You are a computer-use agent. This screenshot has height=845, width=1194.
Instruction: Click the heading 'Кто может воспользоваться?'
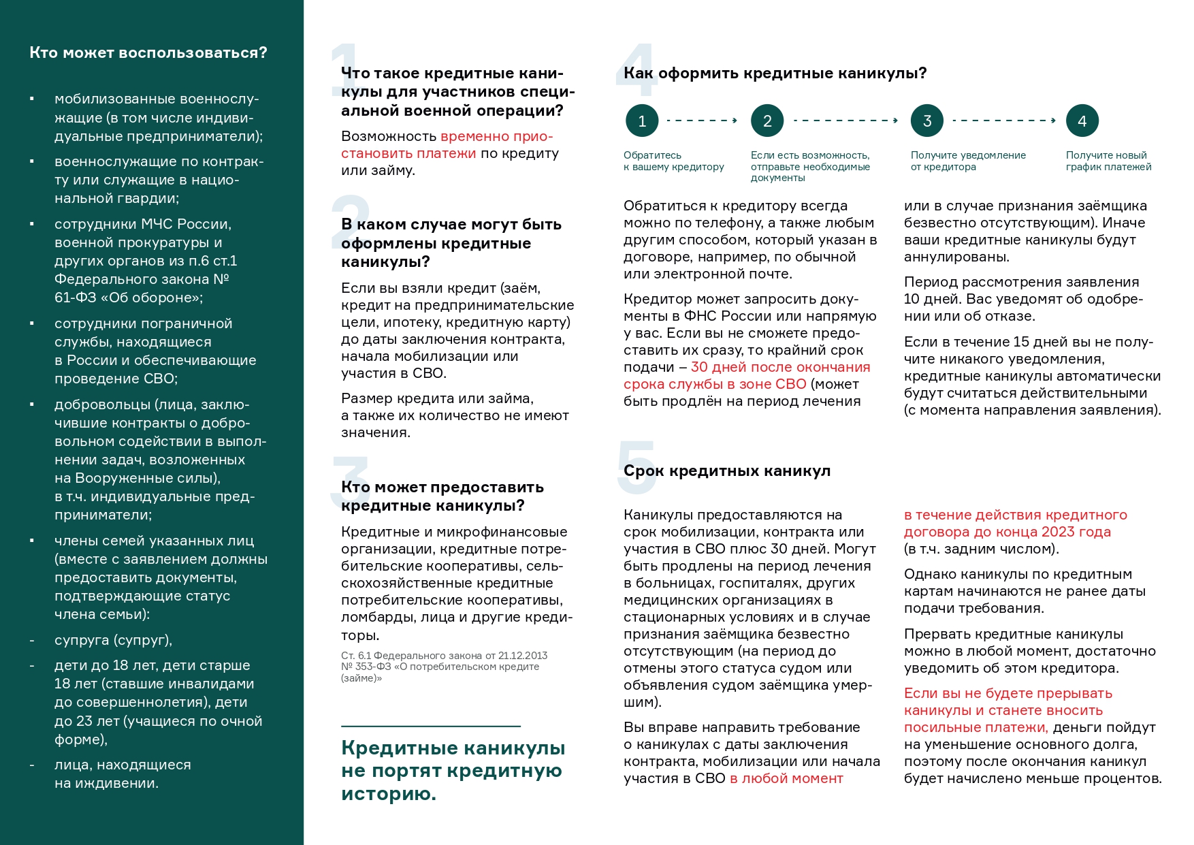point(148,53)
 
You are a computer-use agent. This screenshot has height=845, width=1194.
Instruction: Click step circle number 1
point(642,121)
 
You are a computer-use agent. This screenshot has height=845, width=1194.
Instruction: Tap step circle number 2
point(767,121)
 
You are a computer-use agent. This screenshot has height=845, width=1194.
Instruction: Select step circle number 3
point(927,121)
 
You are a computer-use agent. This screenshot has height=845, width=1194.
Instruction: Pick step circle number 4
point(1082,121)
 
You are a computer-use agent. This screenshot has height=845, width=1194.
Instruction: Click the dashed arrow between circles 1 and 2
point(702,121)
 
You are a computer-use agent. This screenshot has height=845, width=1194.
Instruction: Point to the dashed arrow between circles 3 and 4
point(1004,121)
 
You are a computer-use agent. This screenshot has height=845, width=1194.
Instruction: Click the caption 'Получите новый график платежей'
point(1108,161)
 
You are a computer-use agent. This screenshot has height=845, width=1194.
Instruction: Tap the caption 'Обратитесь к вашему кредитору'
point(673,161)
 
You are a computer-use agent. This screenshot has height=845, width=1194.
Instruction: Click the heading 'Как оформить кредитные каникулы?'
point(775,74)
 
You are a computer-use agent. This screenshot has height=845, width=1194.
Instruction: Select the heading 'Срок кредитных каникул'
point(727,471)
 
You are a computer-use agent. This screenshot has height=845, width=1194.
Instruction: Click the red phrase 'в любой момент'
point(786,778)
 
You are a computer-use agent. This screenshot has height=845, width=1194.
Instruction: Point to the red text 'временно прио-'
point(497,136)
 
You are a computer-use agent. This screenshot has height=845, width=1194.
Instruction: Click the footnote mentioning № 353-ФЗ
point(444,667)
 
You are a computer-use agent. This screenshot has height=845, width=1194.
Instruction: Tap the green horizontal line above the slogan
point(431,727)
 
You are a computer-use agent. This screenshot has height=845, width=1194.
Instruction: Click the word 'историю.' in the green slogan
point(389,794)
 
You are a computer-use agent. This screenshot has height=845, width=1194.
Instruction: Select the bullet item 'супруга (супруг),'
point(113,640)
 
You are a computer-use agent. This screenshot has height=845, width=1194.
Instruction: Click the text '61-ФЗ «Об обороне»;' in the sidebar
point(129,298)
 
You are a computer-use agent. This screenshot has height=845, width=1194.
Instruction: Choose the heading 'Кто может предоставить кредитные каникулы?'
point(442,496)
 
